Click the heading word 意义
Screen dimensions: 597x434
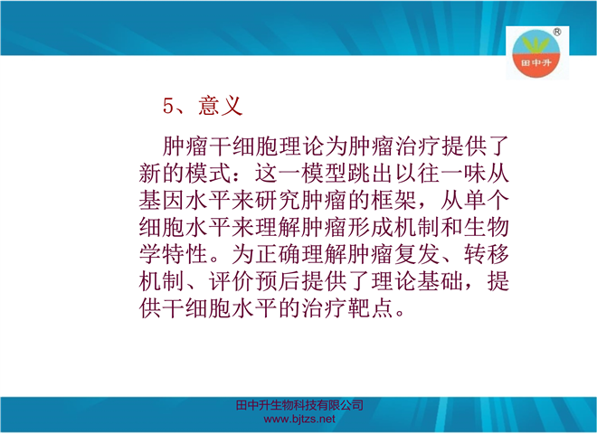point(221,106)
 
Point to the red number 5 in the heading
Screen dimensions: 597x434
point(168,106)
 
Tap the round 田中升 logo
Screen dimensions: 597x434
point(536,53)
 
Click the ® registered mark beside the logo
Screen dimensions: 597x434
point(556,32)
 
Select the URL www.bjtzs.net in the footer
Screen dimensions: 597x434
point(299,420)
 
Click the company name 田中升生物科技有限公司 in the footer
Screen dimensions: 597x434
point(299,405)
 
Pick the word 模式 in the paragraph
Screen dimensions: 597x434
point(209,173)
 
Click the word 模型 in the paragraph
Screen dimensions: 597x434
point(325,173)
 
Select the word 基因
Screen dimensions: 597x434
point(162,200)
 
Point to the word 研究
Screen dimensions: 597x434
point(278,200)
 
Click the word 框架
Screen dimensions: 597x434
point(393,200)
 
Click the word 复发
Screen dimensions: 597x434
point(417,254)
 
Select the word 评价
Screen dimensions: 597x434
point(232,281)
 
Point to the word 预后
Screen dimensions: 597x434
point(278,281)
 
